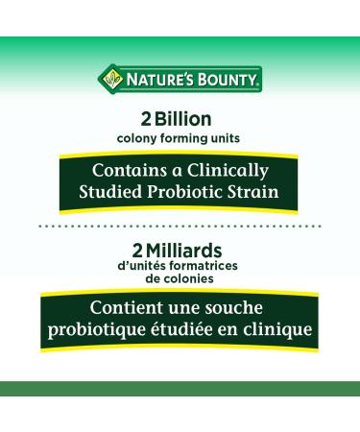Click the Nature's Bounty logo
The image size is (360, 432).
click(x=180, y=79)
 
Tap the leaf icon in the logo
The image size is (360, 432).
click(x=111, y=79)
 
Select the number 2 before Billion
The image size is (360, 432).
click(x=147, y=121)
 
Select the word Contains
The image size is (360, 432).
click(x=128, y=170)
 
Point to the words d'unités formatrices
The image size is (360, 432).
click(x=180, y=265)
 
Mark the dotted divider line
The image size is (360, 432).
click(x=180, y=226)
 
